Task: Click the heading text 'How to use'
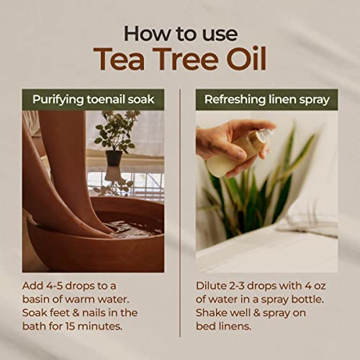tap(180, 32)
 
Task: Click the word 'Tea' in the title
tap(120, 60)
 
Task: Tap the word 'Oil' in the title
tap(243, 60)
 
